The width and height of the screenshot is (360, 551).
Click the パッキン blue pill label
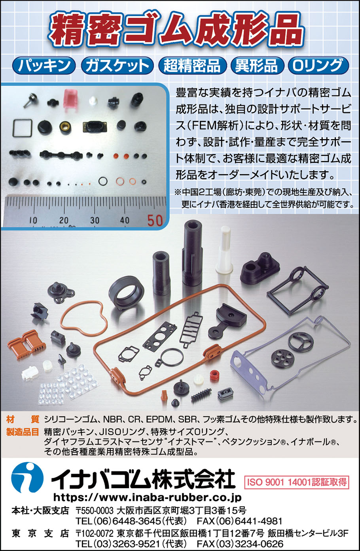pyautogui.click(x=44, y=66)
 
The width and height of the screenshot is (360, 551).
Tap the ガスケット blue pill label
pyautogui.click(x=117, y=66)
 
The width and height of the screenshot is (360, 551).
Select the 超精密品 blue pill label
pyautogui.click(x=192, y=66)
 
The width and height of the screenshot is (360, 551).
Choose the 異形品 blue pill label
pyautogui.click(x=257, y=66)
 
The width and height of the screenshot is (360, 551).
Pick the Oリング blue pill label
pyautogui.click(x=318, y=66)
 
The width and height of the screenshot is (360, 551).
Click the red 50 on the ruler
pyautogui.click(x=155, y=221)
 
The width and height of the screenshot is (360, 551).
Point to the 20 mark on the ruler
pyautogui.click(x=64, y=220)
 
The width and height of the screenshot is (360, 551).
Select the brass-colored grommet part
pyautogui.click(x=65, y=127)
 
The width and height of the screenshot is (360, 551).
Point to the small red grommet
pyautogui.click(x=214, y=376)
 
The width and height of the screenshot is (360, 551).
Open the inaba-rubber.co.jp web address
pyautogui.click(x=147, y=498)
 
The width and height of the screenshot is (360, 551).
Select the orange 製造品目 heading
pyautogui.click(x=23, y=432)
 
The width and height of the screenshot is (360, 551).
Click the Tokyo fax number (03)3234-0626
pyautogui.click(x=240, y=543)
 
